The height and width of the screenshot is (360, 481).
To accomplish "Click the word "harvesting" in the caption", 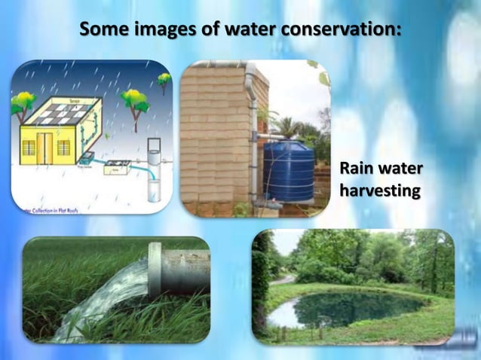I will [x=379, y=191].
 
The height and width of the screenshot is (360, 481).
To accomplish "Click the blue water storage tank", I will [x=288, y=171].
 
